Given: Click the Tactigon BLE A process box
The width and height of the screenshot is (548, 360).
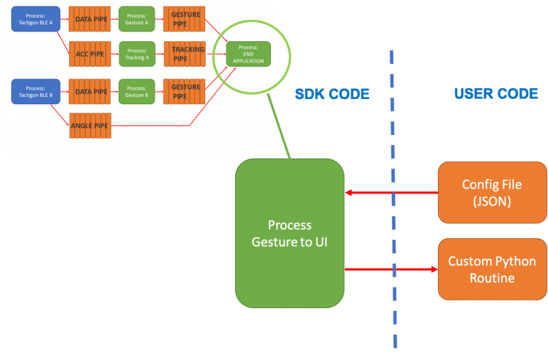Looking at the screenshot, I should [x=34, y=20].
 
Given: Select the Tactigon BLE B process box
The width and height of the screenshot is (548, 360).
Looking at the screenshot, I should [x=34, y=92].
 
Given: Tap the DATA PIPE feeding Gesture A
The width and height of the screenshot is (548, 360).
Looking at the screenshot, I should [x=89, y=20].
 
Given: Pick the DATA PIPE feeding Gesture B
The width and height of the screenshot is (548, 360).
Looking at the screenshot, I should [x=89, y=92].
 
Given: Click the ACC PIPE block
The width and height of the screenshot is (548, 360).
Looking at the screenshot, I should [x=89, y=54].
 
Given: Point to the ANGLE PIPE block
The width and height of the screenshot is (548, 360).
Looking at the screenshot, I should [x=89, y=125].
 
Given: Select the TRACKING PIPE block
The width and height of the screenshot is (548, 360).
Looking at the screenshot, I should [x=183, y=54].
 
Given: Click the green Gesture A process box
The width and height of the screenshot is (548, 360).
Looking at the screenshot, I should [x=136, y=20].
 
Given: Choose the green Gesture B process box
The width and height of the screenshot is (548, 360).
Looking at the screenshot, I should [x=136, y=92].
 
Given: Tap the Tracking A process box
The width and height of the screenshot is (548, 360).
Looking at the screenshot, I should [x=136, y=54].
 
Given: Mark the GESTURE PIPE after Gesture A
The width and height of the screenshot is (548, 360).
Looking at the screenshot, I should [x=183, y=20].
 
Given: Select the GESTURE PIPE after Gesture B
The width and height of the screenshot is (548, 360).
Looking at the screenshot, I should [x=183, y=92].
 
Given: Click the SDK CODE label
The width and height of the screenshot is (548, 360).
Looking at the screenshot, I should [x=331, y=94].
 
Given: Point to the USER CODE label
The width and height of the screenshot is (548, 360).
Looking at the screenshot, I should [x=495, y=94].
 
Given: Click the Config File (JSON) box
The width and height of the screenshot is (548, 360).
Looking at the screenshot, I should [x=492, y=192].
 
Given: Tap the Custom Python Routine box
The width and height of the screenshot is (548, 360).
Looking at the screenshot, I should [x=492, y=269].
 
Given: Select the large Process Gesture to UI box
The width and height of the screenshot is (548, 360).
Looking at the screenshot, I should [x=290, y=233].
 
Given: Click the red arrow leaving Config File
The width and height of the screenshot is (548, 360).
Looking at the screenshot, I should [x=392, y=193].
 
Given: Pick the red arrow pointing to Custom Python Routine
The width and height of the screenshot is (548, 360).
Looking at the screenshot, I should [x=392, y=269].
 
